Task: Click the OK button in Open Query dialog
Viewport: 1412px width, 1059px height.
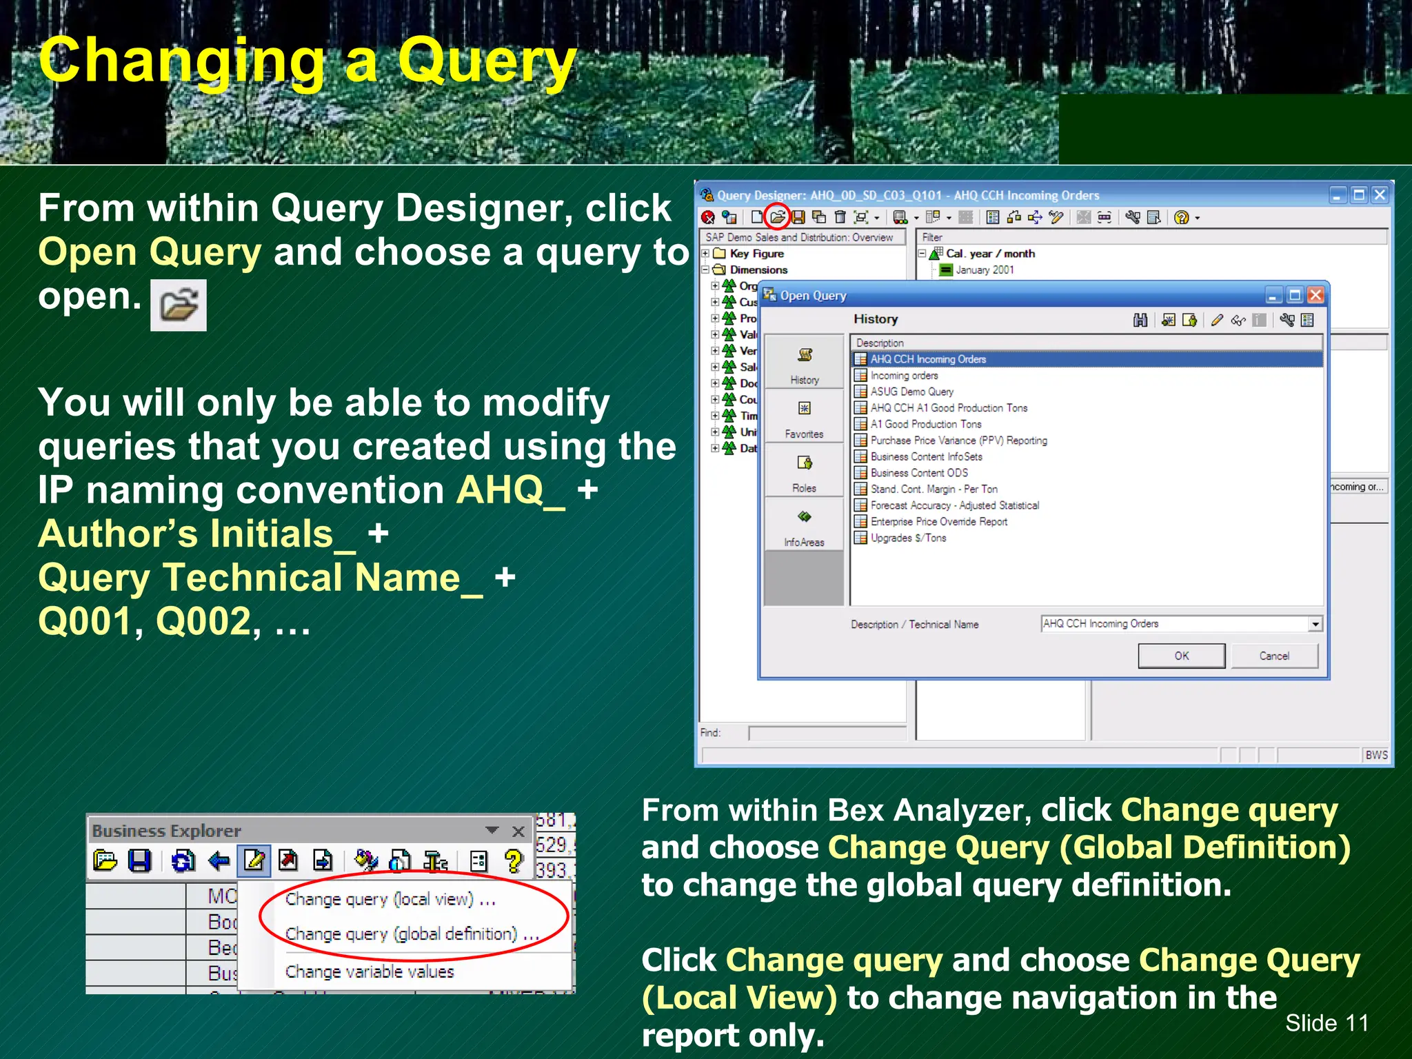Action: coord(1181,656)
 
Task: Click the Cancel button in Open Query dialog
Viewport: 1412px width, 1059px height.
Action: coord(1273,656)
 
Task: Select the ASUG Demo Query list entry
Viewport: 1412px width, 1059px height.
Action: coord(911,392)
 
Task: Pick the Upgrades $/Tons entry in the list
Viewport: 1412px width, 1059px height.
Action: coord(908,538)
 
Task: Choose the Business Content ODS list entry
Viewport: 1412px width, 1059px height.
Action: coord(918,473)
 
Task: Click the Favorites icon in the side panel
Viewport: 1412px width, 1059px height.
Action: coord(804,416)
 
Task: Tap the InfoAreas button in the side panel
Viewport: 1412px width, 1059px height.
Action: coord(804,525)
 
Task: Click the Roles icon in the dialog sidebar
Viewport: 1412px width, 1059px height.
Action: coord(804,470)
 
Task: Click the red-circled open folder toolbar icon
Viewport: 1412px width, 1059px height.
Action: coord(777,217)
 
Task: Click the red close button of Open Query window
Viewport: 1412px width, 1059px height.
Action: coord(1315,296)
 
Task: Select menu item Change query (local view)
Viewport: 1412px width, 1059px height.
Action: coord(390,900)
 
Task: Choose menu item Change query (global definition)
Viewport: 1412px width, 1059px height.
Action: coord(411,934)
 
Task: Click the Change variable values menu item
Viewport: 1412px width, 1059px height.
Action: coord(370,972)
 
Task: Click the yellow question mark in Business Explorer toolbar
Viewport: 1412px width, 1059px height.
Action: coord(514,861)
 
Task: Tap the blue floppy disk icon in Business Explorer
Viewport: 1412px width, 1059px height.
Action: coord(140,861)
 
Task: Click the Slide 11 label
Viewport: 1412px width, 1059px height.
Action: coord(1327,1023)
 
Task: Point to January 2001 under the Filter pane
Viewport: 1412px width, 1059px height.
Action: coord(984,270)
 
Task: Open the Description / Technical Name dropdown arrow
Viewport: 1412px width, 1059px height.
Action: coord(1315,625)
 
